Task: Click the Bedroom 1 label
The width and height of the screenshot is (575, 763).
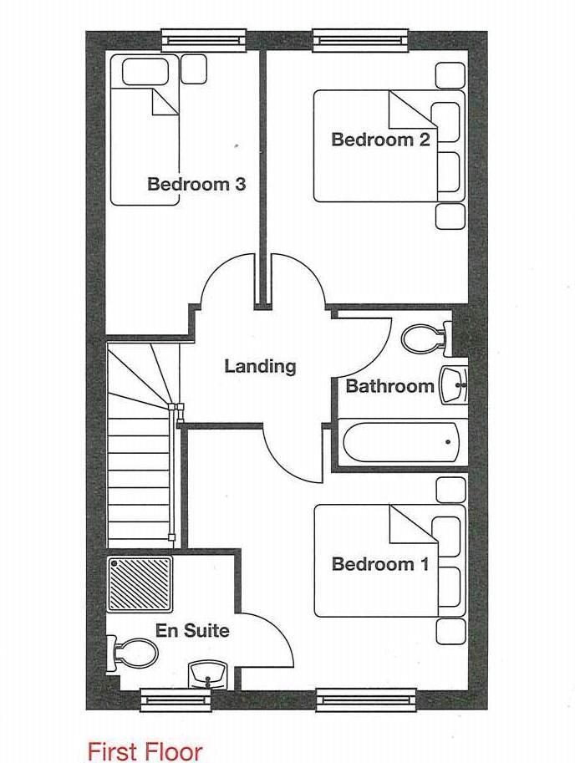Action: click(x=380, y=564)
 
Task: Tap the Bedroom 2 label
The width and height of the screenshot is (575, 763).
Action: click(x=380, y=140)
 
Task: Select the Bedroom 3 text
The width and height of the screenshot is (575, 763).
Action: click(x=196, y=184)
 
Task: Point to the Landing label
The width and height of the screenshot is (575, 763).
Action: click(x=260, y=366)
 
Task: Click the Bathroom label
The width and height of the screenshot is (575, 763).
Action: click(x=389, y=386)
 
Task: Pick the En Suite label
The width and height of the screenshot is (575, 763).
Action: click(x=192, y=630)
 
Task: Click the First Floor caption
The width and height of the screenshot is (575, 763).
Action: click(x=145, y=750)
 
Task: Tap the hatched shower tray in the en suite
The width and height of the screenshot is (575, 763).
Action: click(x=140, y=583)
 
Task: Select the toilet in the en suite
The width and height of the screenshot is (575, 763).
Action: click(x=130, y=652)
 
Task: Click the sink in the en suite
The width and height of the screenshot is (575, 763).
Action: click(x=207, y=673)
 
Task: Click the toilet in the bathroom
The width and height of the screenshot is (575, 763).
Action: click(x=426, y=339)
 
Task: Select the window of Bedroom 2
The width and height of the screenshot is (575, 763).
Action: click(x=363, y=38)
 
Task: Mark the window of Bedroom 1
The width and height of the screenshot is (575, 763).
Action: click(x=366, y=697)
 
